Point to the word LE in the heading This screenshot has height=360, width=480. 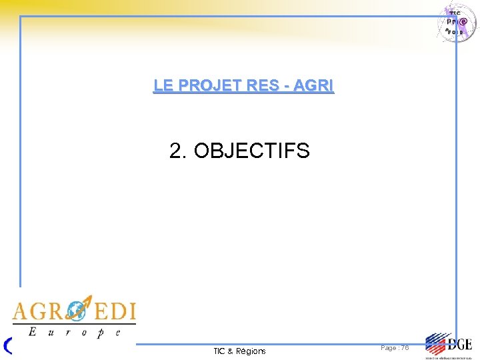(x=162, y=86)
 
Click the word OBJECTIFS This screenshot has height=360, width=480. (x=251, y=151)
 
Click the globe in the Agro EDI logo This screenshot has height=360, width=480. (x=79, y=311)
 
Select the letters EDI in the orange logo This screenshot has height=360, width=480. (x=114, y=311)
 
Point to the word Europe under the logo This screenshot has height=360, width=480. (x=73, y=331)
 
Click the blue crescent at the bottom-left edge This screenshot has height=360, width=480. (x=8, y=345)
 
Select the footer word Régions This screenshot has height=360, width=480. (x=251, y=351)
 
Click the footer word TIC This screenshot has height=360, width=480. (x=219, y=351)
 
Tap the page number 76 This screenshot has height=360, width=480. (x=405, y=348)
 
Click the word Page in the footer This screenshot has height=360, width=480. (x=389, y=348)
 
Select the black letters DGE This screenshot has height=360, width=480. (x=459, y=344)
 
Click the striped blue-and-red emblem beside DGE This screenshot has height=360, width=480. (x=436, y=344)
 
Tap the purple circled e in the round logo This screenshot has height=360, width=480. (x=465, y=21)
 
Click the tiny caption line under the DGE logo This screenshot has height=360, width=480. (x=448, y=357)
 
